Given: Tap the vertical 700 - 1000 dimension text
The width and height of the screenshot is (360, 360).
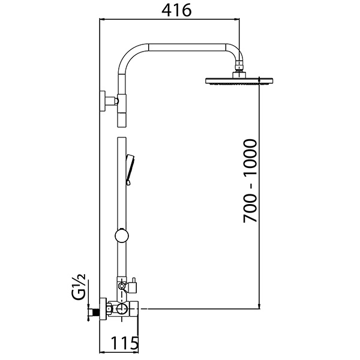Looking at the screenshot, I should pyautogui.click(x=250, y=182).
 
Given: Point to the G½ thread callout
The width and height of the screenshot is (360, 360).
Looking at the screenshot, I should pyautogui.click(x=79, y=285).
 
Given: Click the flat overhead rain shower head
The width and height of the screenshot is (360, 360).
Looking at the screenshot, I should pyautogui.click(x=239, y=80).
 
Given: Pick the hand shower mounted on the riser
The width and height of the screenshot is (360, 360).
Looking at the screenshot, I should pyautogui.click(x=130, y=167).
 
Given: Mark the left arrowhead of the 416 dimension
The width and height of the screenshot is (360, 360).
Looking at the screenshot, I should pyautogui.click(x=101, y=20).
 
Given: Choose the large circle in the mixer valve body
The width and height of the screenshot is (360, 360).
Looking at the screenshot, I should pyautogui.click(x=122, y=310).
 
